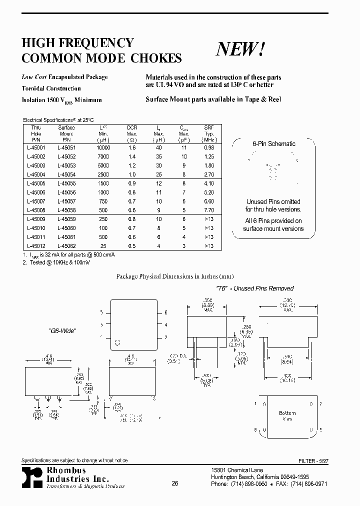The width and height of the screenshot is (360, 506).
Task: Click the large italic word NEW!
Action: pyautogui.click(x=240, y=49)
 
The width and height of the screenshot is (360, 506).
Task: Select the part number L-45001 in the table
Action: pyautogui.click(x=36, y=148)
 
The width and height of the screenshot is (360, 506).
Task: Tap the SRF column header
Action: pyautogui.click(x=209, y=128)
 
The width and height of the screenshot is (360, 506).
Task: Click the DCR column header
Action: pyautogui.click(x=132, y=128)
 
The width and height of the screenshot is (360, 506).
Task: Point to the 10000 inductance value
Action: pyautogui.click(x=103, y=148)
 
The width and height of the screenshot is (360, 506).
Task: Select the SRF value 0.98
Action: pyautogui.click(x=209, y=148)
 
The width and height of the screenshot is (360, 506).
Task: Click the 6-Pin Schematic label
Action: pyautogui.click(x=273, y=144)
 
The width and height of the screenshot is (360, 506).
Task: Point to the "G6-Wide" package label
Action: pyautogui.click(x=63, y=330)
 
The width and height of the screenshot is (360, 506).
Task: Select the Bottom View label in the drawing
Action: pyautogui.click(x=287, y=416)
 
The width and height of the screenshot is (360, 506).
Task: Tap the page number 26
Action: pyautogui.click(x=174, y=483)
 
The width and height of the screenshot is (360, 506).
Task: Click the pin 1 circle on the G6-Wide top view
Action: pyautogui.click(x=118, y=342)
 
